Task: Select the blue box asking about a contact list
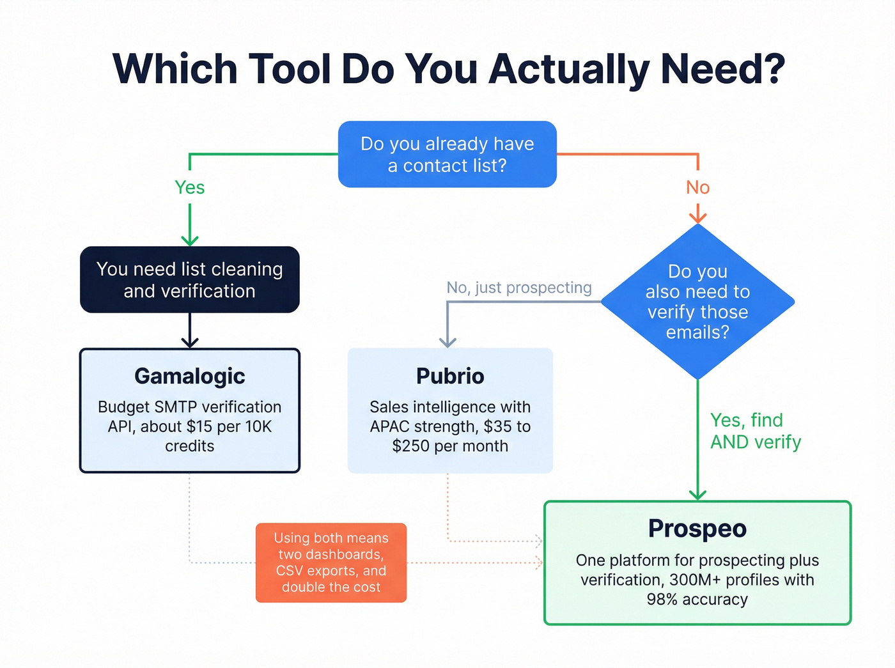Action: pyautogui.click(x=447, y=154)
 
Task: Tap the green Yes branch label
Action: pyautogui.click(x=190, y=187)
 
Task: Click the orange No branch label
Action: pyautogui.click(x=697, y=187)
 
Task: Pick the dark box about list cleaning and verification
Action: pyautogui.click(x=190, y=279)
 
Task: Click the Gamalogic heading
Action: pyautogui.click(x=190, y=376)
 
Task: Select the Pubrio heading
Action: pyautogui.click(x=450, y=376)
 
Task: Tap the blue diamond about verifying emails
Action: pyautogui.click(x=697, y=302)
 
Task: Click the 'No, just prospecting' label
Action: pyautogui.click(x=519, y=288)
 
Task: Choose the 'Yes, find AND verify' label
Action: pyautogui.click(x=755, y=431)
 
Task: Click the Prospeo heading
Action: pyautogui.click(x=697, y=529)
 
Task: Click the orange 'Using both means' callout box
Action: pyautogui.click(x=331, y=563)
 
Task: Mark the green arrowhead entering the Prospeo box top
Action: pyautogui.click(x=697, y=495)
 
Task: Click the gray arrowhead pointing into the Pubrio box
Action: pyautogui.click(x=447, y=342)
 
